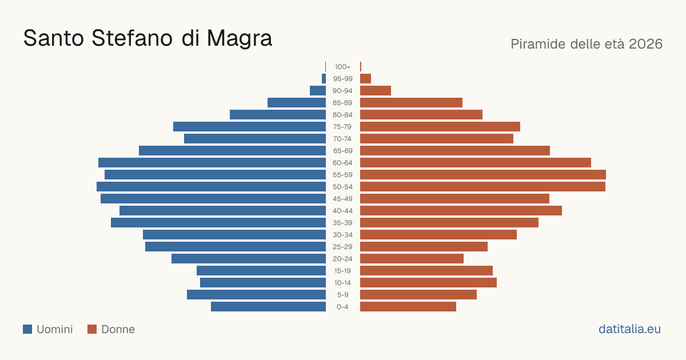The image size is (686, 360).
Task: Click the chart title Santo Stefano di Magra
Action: coord(147,38)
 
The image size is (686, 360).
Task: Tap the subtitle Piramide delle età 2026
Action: coord(587,44)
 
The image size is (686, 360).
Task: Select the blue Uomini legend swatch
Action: coord(27,329)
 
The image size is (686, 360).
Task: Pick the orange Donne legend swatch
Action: coord(92,329)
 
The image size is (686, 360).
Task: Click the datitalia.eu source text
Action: coord(629,329)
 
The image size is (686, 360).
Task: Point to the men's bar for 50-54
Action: coord(212,187)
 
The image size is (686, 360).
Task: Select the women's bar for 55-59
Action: coord(483,175)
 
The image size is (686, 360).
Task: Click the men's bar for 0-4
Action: coord(268,307)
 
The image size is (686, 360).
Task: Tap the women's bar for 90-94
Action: coord(376,91)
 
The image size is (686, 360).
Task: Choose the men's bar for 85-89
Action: coord(297,102)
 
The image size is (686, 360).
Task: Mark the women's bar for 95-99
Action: coord(366,79)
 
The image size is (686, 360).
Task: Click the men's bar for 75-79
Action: coord(250,127)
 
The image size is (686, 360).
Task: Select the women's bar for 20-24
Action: coord(412,259)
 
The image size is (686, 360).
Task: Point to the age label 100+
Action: coord(342,67)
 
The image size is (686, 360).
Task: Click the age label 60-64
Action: coord(342,163)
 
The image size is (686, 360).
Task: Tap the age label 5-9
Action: coord(342,295)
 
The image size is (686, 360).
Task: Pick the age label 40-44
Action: coord(342,211)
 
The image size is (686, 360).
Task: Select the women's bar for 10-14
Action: coord(428,282)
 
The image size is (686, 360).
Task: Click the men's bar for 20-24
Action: coord(249,259)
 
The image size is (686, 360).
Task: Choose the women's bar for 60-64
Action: coord(476,162)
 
